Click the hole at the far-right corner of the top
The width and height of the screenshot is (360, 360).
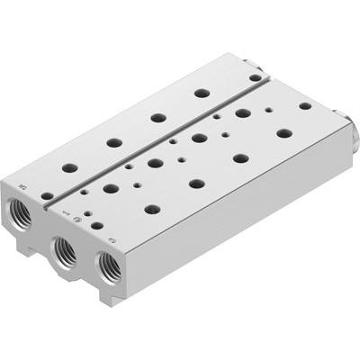305,105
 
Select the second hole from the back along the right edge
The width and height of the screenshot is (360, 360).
283,133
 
